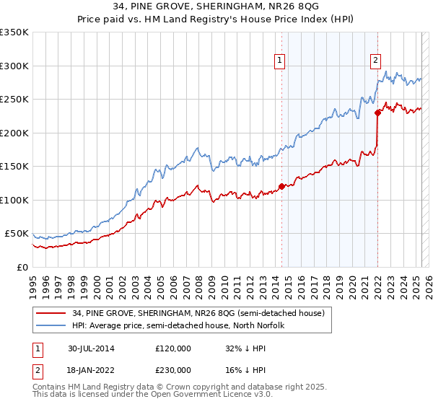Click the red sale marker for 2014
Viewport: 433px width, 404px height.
click(281, 186)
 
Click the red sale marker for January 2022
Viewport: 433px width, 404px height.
click(377, 113)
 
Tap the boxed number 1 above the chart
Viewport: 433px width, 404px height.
click(279, 61)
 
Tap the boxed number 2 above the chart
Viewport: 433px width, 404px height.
click(376, 61)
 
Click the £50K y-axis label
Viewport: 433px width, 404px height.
click(17, 234)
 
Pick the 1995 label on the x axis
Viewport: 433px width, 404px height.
click(32, 281)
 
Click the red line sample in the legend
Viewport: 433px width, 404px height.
click(51, 313)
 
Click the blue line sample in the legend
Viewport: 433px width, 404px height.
click(51, 325)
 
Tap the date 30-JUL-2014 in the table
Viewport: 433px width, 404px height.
click(91, 348)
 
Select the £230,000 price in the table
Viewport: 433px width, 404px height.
click(173, 370)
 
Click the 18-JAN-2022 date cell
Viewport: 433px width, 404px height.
click(91, 370)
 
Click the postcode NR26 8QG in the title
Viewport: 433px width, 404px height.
click(286, 6)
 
